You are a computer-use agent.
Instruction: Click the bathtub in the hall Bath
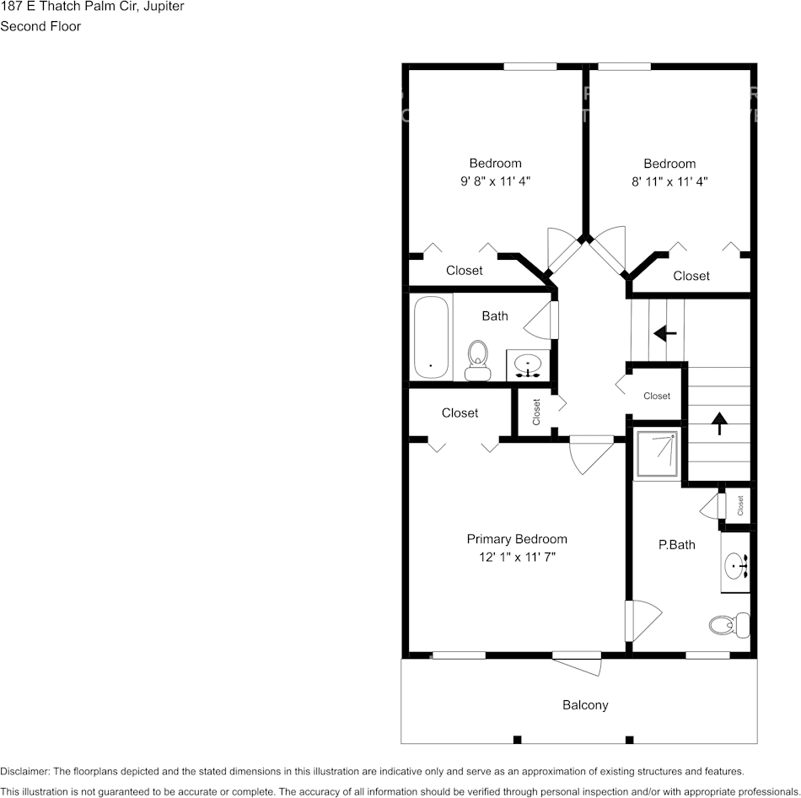(x=432, y=337)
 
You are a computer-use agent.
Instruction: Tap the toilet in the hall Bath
(x=478, y=360)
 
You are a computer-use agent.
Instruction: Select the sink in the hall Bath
(x=529, y=365)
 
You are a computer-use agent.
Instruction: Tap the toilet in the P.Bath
(x=728, y=625)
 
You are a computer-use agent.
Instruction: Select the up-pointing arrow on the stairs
(x=719, y=422)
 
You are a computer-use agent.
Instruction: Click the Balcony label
(x=585, y=705)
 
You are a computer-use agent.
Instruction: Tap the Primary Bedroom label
(x=517, y=539)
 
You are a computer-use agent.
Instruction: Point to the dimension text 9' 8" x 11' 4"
(x=495, y=181)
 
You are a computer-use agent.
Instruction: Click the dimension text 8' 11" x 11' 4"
(x=669, y=181)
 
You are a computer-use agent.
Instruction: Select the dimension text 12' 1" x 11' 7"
(x=517, y=557)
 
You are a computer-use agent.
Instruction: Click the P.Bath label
(x=677, y=545)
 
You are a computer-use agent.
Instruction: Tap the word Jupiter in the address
(x=164, y=7)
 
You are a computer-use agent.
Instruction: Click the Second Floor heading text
(x=40, y=26)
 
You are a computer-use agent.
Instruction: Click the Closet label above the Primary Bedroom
(x=460, y=413)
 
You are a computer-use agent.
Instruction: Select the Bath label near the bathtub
(x=495, y=316)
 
